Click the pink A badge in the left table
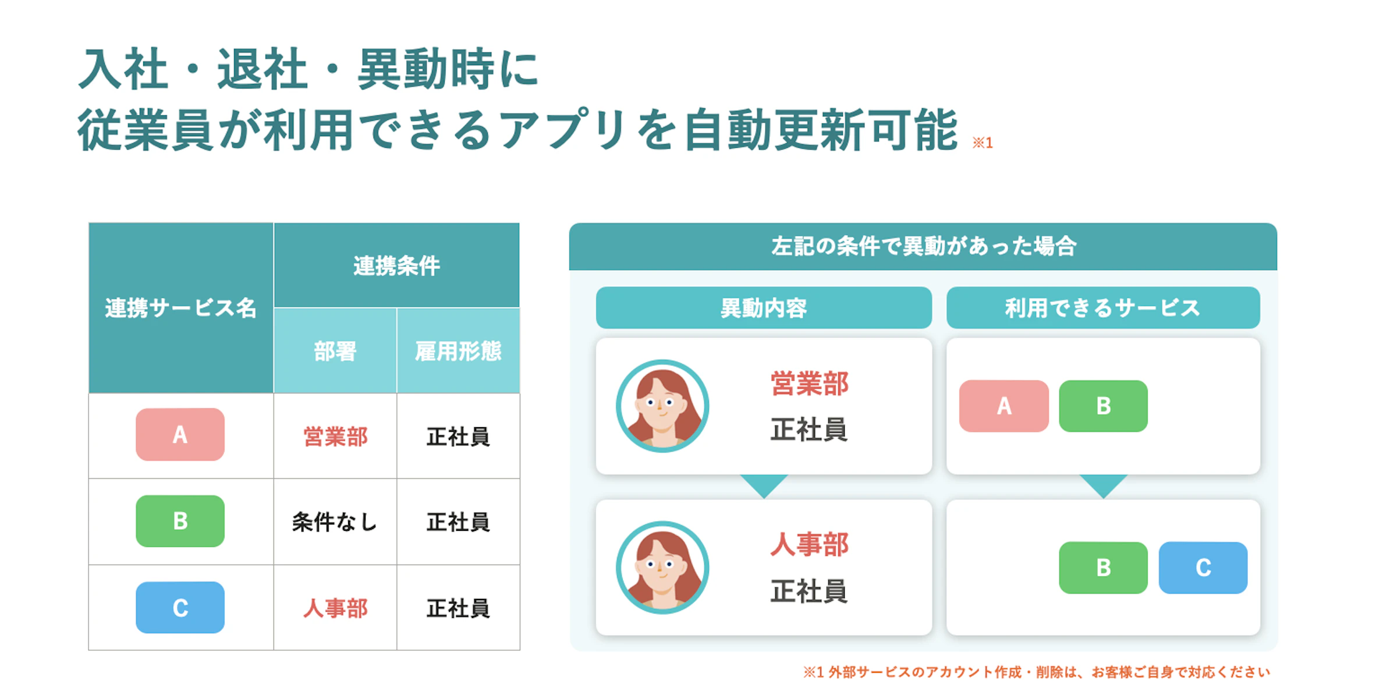[x=180, y=434]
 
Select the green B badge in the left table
[x=180, y=521]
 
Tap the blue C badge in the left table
[x=180, y=607]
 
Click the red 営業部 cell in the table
[x=335, y=437]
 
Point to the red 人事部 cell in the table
[x=335, y=608]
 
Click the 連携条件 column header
[x=396, y=265]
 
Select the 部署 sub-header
[x=335, y=350]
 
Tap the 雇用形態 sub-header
[x=458, y=350]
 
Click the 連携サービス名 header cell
[x=181, y=308]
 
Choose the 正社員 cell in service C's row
[x=458, y=608]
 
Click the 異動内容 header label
[x=764, y=307]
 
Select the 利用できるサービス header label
[x=1103, y=307]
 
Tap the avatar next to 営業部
[x=662, y=406]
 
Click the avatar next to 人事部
[x=662, y=567]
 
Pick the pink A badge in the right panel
[x=1004, y=406]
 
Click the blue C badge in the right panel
[x=1203, y=567]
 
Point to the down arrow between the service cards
[x=1103, y=485]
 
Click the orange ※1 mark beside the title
[x=983, y=143]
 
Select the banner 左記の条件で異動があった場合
[x=923, y=246]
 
